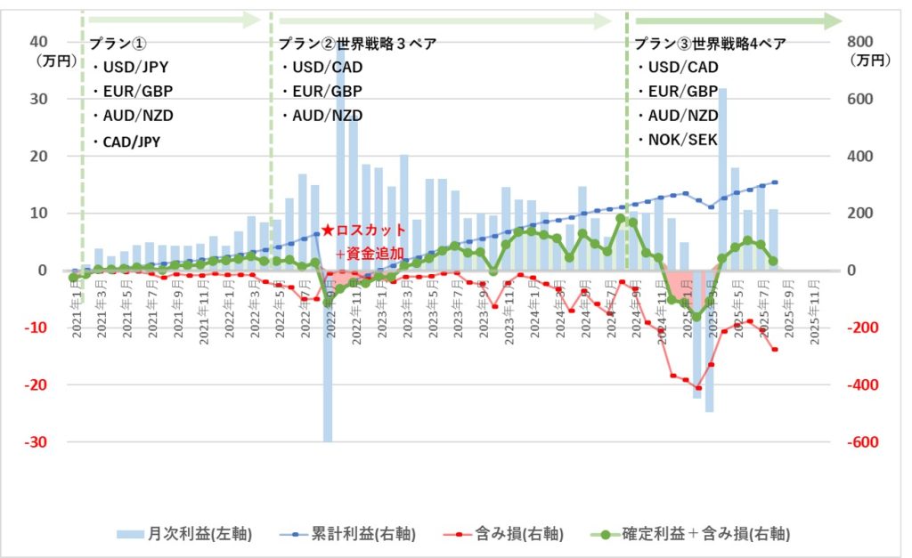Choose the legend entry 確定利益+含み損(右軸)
tap(691, 534)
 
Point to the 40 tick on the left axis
tap(38, 41)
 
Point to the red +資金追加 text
tap(370, 254)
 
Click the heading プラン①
tap(118, 44)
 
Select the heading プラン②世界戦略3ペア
tap(357, 44)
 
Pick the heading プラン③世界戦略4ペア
tap(710, 44)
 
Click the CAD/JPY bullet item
tap(130, 141)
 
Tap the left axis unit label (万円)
tap(50, 61)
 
